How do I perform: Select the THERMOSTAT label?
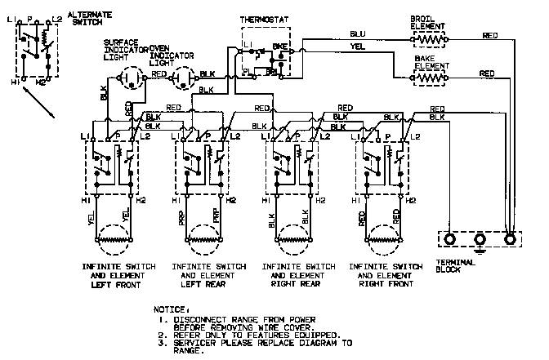pos(264,16)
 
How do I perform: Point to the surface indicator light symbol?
pos(129,79)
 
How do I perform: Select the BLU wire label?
pos(357,34)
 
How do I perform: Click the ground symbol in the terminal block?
pos(480,239)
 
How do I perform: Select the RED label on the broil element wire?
pos(489,36)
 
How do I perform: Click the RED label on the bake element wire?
pos(487,73)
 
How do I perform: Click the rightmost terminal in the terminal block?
pos(511,239)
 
